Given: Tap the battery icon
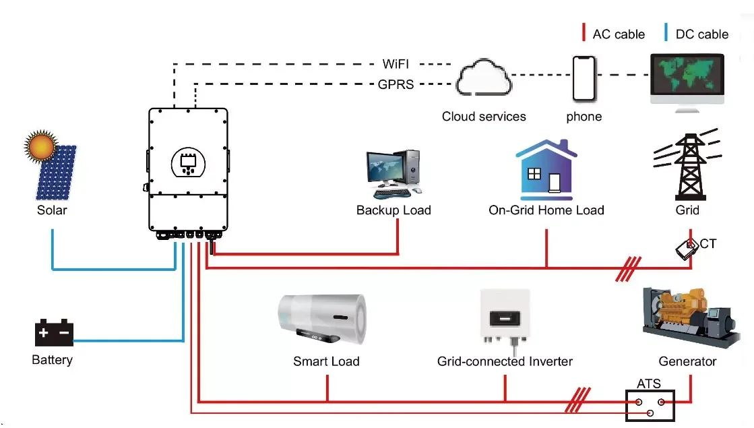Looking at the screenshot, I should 53,333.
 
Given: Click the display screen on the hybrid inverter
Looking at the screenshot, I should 187,162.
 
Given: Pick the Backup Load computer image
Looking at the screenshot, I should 395,174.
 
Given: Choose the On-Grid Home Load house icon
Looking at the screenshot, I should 546,169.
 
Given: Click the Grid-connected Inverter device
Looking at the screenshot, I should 505,317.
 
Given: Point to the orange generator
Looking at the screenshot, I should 687,317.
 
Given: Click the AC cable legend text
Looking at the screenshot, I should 619,34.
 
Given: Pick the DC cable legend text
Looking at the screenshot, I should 702,34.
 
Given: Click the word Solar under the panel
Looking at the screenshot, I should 52,210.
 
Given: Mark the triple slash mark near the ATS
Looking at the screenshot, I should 579,400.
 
